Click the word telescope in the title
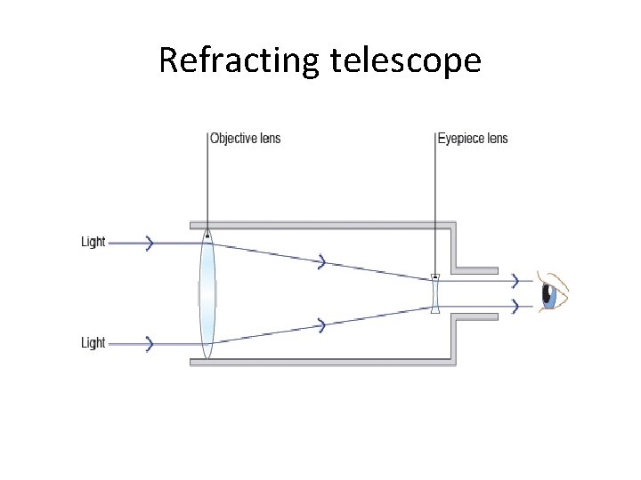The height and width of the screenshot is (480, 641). (406, 60)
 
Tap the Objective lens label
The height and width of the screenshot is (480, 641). (245, 139)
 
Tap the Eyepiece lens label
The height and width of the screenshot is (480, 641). (473, 139)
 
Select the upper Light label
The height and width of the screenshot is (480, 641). (93, 242)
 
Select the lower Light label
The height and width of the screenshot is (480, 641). (93, 343)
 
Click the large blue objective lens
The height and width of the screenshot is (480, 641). (207, 293)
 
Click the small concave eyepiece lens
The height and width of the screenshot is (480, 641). (435, 293)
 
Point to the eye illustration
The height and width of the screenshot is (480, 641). (554, 292)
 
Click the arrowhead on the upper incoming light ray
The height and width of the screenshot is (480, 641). (150, 242)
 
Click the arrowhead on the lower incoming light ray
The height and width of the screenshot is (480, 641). (150, 343)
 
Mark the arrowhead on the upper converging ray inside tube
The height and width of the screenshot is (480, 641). (322, 261)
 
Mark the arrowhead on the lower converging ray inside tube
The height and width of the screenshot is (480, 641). (322, 325)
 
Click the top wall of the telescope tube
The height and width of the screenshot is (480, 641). (320, 225)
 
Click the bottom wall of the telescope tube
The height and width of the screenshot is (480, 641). (320, 361)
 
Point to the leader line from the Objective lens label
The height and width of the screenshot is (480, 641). (207, 187)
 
